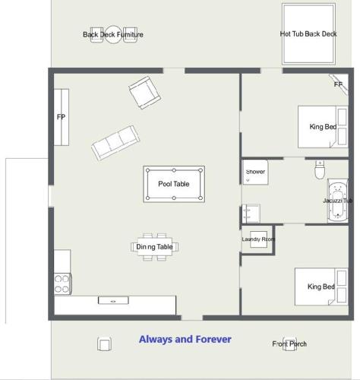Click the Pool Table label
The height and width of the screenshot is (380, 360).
click(x=174, y=184)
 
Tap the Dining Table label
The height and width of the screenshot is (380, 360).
click(x=154, y=246)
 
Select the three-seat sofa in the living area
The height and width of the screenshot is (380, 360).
click(x=115, y=143)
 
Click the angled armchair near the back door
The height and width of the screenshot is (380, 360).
click(x=144, y=93)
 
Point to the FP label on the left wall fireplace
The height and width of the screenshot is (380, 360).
click(x=61, y=117)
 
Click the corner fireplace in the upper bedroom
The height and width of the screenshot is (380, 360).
click(x=339, y=84)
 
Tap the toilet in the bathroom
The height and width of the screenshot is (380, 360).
click(x=320, y=169)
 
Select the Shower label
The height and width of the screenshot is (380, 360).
click(x=255, y=172)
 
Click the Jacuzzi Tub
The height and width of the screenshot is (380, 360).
click(x=338, y=201)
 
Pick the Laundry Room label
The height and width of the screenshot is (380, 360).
click(x=258, y=239)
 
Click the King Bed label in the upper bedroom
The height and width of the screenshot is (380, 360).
click(x=323, y=126)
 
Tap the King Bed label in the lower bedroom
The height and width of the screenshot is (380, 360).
click(x=321, y=287)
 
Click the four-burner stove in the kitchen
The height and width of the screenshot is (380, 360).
click(x=63, y=283)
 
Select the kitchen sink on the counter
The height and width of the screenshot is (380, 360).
click(x=113, y=301)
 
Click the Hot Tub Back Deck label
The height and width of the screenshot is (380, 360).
click(x=308, y=34)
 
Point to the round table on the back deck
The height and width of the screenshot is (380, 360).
click(x=113, y=34)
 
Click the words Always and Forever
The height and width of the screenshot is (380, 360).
click(x=185, y=339)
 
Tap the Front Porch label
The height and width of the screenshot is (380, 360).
click(x=289, y=344)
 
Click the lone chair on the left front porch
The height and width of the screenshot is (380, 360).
click(x=104, y=344)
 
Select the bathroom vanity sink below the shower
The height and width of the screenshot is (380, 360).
click(x=251, y=214)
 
